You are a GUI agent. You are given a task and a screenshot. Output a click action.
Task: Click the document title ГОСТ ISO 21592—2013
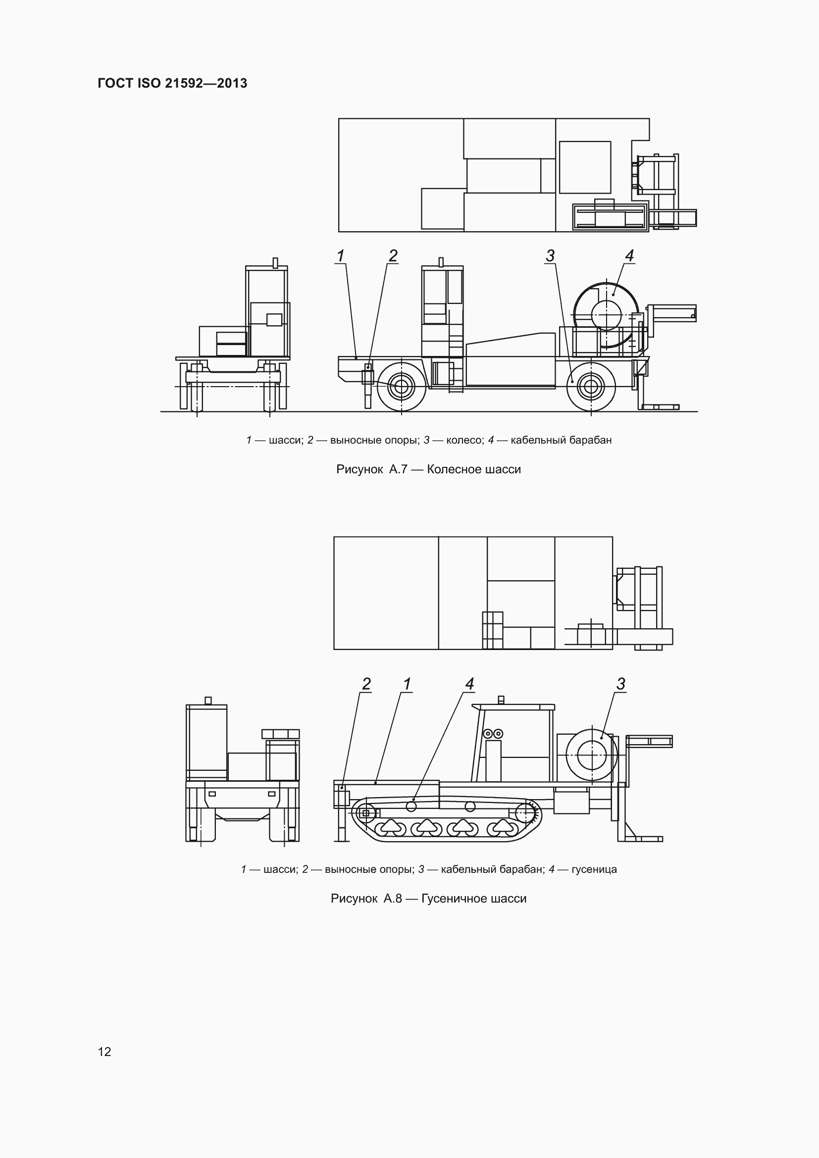172,83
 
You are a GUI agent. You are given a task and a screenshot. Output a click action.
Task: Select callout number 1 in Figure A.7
341,256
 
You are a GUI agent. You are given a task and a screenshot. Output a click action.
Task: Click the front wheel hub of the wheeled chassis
402,387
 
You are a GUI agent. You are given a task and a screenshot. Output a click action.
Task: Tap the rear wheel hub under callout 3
591,387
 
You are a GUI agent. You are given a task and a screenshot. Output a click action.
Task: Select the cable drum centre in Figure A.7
606,315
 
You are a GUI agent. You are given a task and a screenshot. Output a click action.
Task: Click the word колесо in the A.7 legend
464,440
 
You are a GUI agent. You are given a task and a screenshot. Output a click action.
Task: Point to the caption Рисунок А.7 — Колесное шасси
428,469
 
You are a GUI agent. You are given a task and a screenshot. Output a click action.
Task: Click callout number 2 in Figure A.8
366,684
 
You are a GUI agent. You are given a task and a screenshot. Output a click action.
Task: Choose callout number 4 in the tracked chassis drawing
469,684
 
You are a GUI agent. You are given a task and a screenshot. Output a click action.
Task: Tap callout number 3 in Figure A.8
621,684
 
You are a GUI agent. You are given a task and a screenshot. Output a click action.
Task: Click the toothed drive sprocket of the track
527,812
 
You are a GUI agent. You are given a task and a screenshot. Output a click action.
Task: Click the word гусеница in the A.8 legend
594,869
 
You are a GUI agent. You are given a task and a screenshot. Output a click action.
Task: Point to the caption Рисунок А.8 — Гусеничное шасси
428,898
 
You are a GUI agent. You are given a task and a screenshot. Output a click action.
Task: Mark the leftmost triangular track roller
389,826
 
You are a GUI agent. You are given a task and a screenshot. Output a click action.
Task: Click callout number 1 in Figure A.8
407,684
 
